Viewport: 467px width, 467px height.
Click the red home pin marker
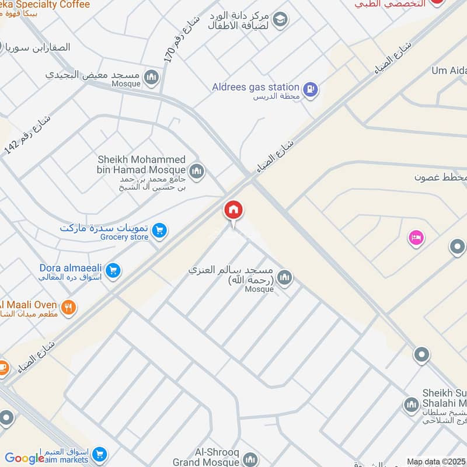(x=233, y=211)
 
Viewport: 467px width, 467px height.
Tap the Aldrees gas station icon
(x=311, y=89)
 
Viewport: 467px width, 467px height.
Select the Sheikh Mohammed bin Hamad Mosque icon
(x=197, y=170)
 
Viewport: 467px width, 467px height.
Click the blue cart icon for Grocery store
(x=159, y=232)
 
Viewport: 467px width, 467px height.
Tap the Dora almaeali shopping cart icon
(x=114, y=270)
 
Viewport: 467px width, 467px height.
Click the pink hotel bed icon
(x=417, y=238)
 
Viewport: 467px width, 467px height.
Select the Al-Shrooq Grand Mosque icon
(x=250, y=460)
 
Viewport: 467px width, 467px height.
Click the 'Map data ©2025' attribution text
(x=435, y=461)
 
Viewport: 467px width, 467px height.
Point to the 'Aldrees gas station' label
(x=256, y=87)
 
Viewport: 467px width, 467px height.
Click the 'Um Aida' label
(x=448, y=71)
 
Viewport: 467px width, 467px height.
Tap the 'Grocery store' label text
(x=124, y=237)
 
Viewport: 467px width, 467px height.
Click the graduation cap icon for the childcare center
(x=280, y=19)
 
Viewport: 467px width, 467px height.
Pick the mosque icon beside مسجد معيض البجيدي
(x=152, y=77)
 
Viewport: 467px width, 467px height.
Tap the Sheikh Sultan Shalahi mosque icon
(x=411, y=405)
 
